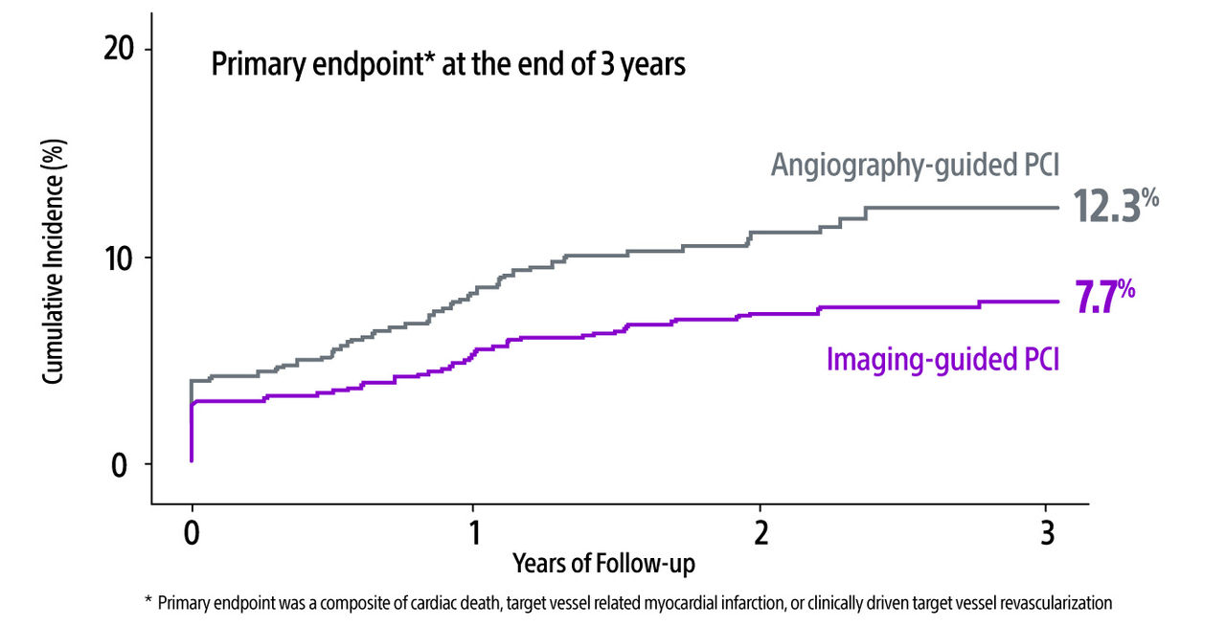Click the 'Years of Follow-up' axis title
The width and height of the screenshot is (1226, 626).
pyautogui.click(x=603, y=564)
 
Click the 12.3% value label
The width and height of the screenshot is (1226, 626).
pyautogui.click(x=1107, y=206)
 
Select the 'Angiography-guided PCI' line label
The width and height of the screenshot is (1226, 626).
pyautogui.click(x=915, y=165)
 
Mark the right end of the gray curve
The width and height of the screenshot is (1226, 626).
pyautogui.click(x=1057, y=208)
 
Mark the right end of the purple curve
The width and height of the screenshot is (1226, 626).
pyautogui.click(x=1057, y=302)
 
